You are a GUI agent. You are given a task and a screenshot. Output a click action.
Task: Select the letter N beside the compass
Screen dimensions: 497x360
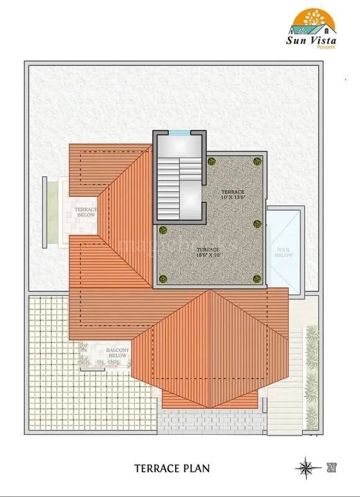coord(331,465)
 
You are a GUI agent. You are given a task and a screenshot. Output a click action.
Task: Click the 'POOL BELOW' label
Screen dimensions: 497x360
coord(284,252)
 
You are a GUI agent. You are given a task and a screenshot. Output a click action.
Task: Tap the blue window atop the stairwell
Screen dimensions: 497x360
coord(179,132)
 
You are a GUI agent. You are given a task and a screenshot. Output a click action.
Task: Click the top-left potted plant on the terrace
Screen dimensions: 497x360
coord(212,161)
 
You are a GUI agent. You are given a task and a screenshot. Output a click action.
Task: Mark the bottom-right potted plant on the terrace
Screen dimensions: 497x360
coord(257,279)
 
